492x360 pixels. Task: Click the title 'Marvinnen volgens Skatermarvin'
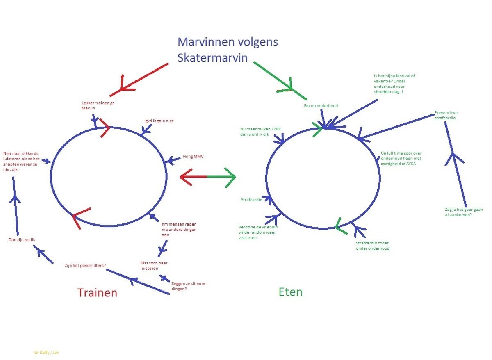(228, 50)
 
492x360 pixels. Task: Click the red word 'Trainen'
(97, 293)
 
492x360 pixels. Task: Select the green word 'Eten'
(290, 292)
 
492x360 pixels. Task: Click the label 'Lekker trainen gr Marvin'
(97, 105)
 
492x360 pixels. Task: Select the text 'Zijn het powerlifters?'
(85, 265)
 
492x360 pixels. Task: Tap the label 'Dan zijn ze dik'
(22, 240)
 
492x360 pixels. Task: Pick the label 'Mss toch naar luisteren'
(154, 265)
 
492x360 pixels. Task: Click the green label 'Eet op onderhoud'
(321, 106)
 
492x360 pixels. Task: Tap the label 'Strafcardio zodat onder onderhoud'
(372, 245)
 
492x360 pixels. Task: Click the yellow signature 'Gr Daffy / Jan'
(47, 352)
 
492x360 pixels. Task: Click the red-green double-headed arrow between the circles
(207, 177)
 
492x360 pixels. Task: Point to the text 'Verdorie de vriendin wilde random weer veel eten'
(257, 232)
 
